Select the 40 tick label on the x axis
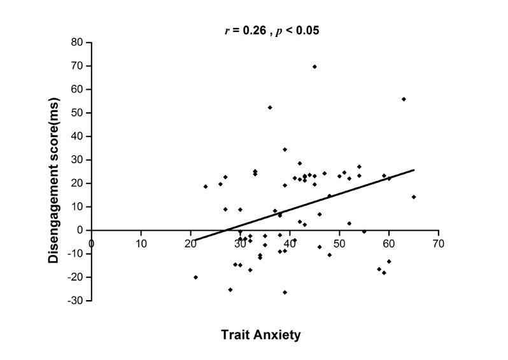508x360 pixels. (290, 243)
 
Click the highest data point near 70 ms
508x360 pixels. (314, 66)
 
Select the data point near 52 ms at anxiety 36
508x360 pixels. (270, 107)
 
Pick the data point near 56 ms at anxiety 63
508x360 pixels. (404, 99)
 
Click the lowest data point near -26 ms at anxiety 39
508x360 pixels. (285, 292)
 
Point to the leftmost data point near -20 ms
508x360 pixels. (195, 277)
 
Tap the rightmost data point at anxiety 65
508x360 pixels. (414, 197)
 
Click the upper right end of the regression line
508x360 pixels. (414, 169)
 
